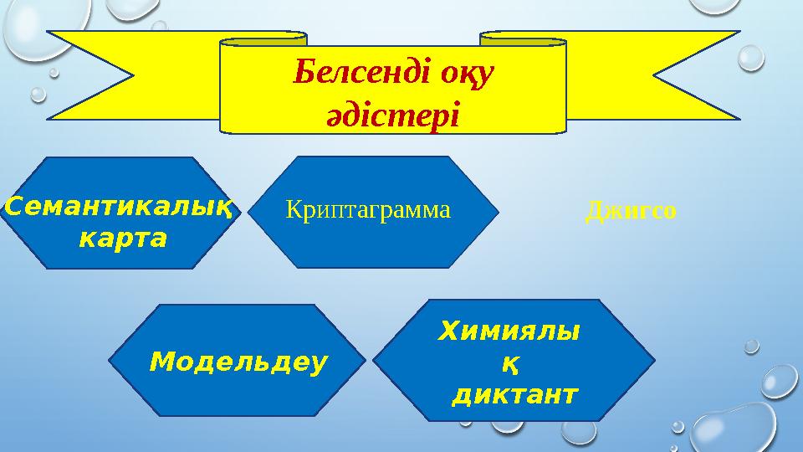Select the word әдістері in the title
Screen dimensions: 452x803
[x=392, y=113]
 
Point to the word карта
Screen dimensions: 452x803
[x=122, y=239]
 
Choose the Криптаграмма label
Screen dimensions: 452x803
[x=368, y=210]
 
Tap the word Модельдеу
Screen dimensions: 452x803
[x=238, y=362]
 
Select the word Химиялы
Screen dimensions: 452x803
[x=509, y=332]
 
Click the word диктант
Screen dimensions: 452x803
[x=514, y=394]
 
